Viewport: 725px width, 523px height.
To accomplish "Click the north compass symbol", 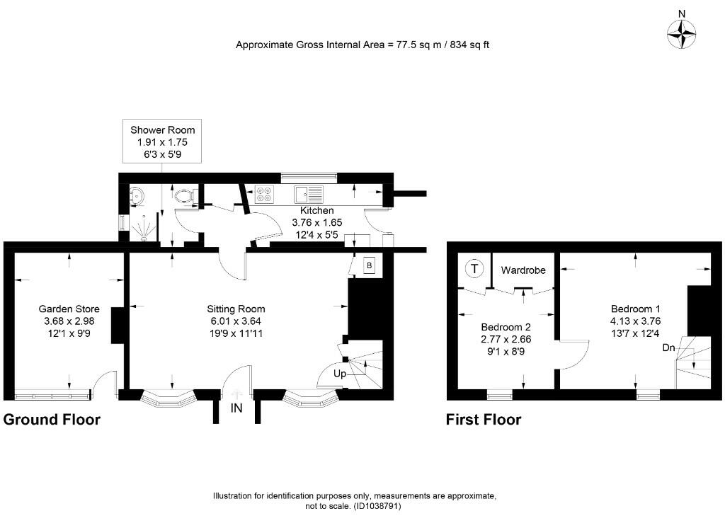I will point(682,33).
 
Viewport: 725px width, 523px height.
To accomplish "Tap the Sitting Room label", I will point(236,321).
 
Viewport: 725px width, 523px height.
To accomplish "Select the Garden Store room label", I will point(69,321).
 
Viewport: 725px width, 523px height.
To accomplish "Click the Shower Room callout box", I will point(162,142).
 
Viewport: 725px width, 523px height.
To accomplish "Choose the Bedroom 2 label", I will point(506,338).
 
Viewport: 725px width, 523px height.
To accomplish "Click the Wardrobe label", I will point(523,270).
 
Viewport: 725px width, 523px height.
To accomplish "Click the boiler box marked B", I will point(368,266).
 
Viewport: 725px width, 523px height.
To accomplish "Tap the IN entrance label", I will point(236,408).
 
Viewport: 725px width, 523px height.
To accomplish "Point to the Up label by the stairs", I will point(340,374).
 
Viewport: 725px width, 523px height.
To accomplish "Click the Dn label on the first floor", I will point(668,347).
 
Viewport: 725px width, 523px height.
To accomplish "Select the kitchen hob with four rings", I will point(264,193).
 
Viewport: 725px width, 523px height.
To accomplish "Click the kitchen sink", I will point(309,193).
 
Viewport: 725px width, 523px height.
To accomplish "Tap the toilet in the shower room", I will point(186,193).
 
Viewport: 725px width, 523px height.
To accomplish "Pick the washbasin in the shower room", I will point(137,195).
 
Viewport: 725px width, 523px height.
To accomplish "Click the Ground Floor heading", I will point(52,420).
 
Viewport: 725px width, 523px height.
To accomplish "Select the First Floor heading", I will point(483,420).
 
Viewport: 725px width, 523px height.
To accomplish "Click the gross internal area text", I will point(362,45).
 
